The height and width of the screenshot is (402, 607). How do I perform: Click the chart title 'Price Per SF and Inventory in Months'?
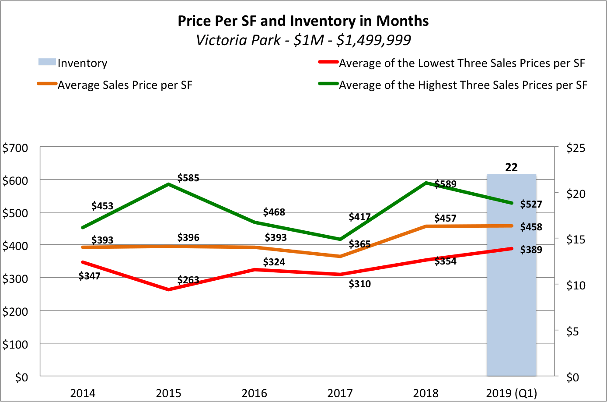click(x=303, y=21)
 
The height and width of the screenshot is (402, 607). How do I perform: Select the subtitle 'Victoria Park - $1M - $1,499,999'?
click(x=303, y=40)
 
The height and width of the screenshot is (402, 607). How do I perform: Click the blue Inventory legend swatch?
click(x=47, y=63)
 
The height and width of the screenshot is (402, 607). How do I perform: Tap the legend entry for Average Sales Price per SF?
click(x=125, y=85)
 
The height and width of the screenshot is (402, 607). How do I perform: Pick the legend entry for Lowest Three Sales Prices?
click(x=461, y=63)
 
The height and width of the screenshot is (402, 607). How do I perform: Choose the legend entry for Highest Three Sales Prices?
click(x=463, y=85)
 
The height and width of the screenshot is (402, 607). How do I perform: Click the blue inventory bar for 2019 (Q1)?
click(x=511, y=307)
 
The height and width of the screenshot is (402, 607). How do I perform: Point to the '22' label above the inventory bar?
click(x=511, y=167)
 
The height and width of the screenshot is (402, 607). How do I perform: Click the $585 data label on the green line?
click(x=188, y=178)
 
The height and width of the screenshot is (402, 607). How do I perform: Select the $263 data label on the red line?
click(x=188, y=280)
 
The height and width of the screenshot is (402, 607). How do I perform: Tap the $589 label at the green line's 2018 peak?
click(x=445, y=184)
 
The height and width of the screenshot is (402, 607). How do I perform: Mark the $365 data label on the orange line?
click(x=359, y=244)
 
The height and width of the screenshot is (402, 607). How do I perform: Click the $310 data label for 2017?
click(x=359, y=284)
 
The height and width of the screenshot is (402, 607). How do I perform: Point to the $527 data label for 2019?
click(x=531, y=204)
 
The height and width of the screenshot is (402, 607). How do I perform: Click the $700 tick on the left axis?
click(x=15, y=148)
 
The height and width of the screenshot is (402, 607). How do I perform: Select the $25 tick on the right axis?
click(x=576, y=148)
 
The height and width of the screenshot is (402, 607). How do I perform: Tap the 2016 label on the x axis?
click(x=254, y=393)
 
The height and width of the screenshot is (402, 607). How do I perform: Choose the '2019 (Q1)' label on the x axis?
click(x=511, y=393)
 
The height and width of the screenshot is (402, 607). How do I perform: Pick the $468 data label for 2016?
click(x=274, y=212)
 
